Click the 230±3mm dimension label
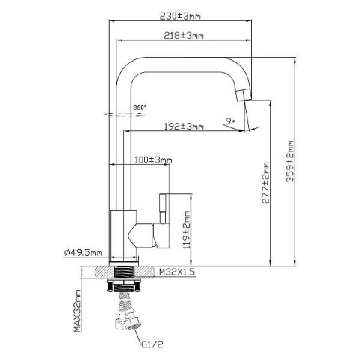pos(180,16)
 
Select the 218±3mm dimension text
pos(184,36)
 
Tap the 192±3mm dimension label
pos(184,127)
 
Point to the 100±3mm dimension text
pos(153,160)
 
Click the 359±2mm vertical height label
pos(290,161)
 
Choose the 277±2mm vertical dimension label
pos(265,183)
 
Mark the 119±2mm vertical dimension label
pos(187,230)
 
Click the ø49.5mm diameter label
pos(83,253)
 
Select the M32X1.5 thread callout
pos(177,271)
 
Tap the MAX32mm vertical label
pos(78,311)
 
